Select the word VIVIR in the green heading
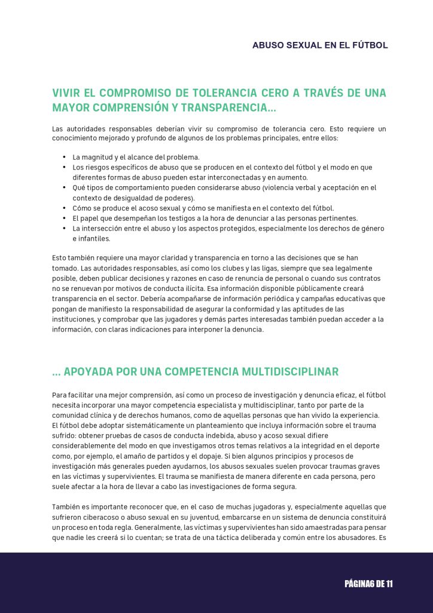point(68,93)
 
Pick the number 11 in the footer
point(388,584)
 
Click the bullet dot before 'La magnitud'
point(64,157)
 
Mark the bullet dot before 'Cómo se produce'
point(64,208)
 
